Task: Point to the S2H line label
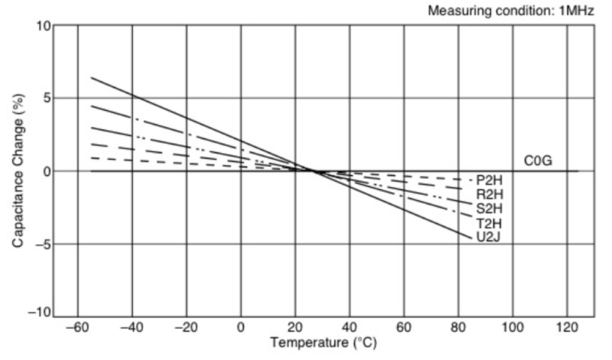point(488,208)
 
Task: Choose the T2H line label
point(488,222)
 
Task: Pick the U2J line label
point(488,236)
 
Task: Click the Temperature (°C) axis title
point(324,344)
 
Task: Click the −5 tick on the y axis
point(38,244)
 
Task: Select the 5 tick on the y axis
point(44,99)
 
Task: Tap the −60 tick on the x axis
point(77,326)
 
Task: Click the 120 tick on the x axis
point(566,326)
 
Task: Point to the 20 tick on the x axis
point(295,326)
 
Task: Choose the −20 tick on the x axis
point(186,326)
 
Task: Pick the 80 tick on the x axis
point(458,326)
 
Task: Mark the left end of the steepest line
point(91,78)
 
